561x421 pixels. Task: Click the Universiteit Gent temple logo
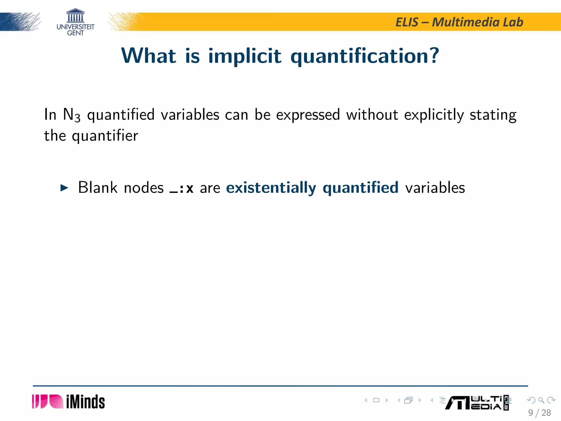point(75,16)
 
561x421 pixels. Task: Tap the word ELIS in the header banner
point(407,22)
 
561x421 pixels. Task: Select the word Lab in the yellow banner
point(513,22)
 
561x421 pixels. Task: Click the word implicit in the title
point(245,56)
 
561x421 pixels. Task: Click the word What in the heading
point(149,56)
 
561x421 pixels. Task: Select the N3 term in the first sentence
point(71,115)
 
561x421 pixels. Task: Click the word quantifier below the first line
point(105,136)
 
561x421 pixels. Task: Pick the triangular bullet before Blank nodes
point(64,188)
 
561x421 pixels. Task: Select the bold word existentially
point(271,188)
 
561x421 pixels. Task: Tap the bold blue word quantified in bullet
point(360,188)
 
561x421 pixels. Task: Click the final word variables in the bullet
point(435,188)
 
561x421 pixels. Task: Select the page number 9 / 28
point(539,413)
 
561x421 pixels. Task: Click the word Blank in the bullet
point(98,188)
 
